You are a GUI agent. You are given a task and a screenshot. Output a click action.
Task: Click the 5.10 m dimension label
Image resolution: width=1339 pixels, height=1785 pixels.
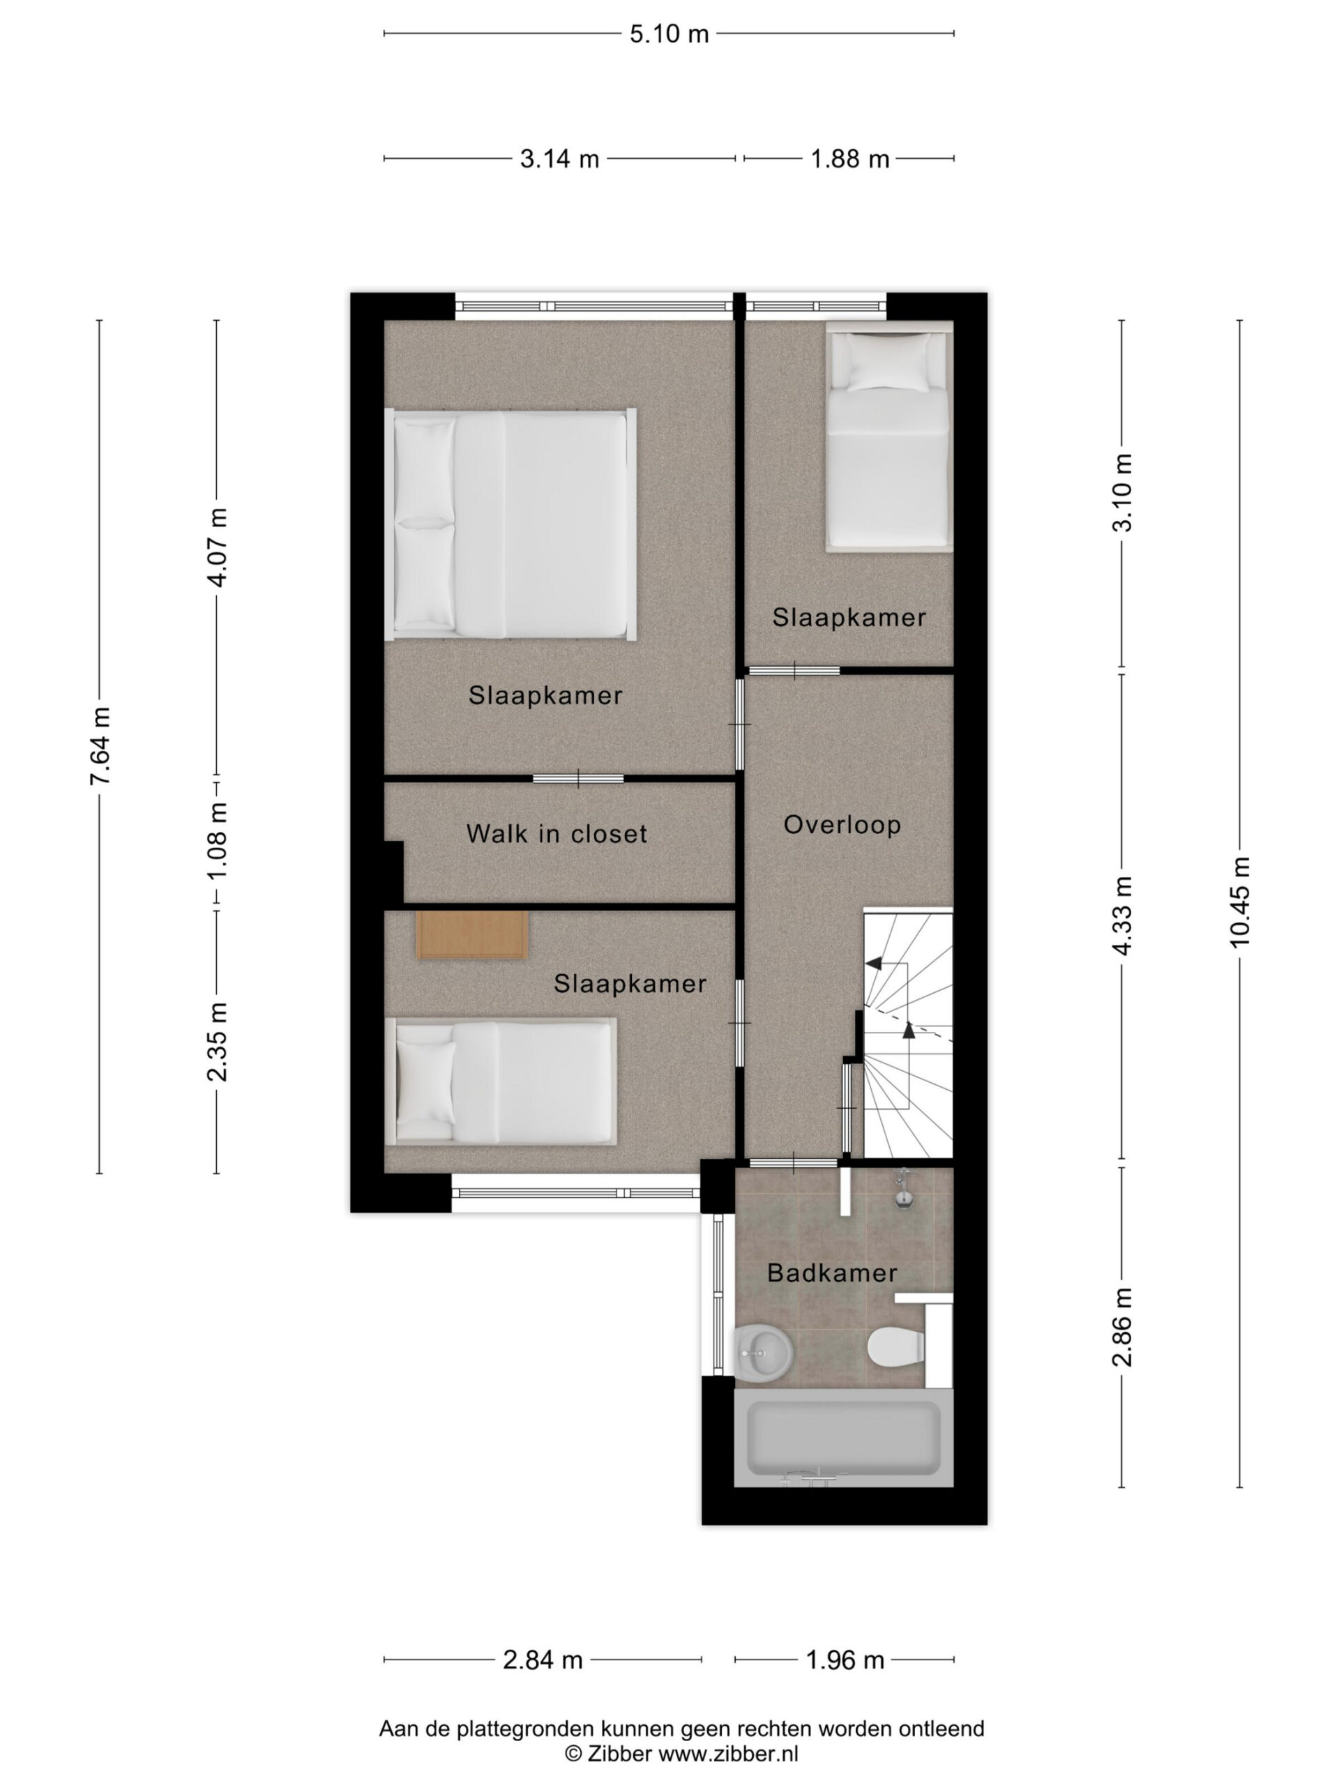point(668,34)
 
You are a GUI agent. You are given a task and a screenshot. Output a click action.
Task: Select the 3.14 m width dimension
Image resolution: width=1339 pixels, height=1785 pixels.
point(559,159)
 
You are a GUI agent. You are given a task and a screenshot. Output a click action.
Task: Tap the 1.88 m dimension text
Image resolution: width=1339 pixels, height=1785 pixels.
point(849,159)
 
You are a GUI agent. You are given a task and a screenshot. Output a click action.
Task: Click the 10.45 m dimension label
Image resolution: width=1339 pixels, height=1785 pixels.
point(1240,902)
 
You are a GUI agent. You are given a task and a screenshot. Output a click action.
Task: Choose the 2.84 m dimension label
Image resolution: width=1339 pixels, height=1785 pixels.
point(543,1659)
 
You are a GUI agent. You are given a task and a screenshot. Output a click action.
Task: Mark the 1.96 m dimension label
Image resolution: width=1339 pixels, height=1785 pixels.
point(845,1659)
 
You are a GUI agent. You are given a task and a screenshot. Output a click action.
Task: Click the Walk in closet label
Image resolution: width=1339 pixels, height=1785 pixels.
point(557,834)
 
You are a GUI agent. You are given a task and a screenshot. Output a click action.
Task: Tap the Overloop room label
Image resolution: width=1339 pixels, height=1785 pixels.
point(842,825)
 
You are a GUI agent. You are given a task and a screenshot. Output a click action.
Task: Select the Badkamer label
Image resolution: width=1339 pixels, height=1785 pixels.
point(832,1273)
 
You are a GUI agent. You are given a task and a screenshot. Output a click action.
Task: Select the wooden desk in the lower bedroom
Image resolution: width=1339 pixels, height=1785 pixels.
point(472,935)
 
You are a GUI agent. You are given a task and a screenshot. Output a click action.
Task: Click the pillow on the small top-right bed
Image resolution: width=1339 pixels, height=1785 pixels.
point(888,363)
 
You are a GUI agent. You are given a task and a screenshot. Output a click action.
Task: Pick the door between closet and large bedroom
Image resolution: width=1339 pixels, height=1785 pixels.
point(578,779)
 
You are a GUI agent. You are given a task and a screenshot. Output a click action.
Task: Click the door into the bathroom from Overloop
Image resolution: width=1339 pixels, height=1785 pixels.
point(794,1163)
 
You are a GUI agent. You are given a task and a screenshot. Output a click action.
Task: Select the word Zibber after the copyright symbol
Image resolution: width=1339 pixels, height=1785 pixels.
point(620,1753)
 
